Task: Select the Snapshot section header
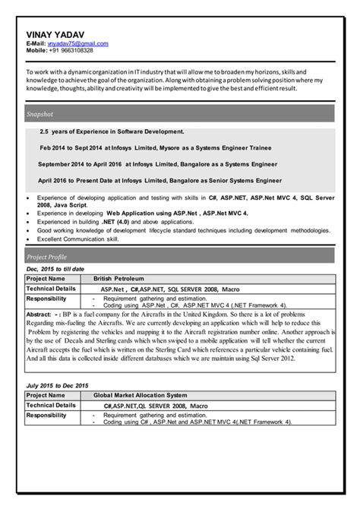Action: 39,114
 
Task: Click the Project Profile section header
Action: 47,257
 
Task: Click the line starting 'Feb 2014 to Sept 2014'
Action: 156,147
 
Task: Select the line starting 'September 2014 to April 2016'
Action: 157,163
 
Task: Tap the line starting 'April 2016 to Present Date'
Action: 159,180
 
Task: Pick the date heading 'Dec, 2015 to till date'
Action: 55,269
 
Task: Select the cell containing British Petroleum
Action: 118,279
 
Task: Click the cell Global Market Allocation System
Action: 140,396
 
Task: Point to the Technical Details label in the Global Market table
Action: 52,406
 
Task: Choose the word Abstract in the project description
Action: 39,313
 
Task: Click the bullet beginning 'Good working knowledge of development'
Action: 183,230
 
